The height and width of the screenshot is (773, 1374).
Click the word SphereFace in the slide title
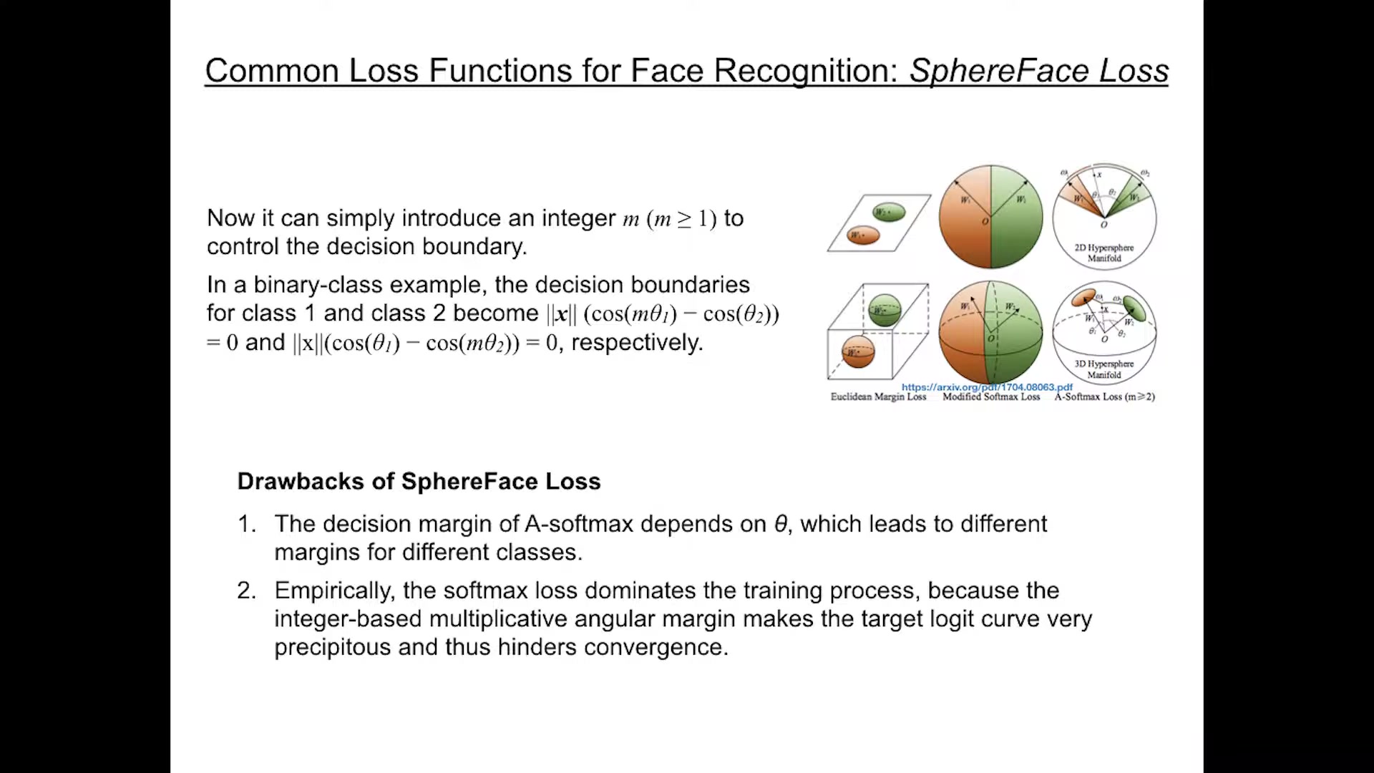[x=999, y=71]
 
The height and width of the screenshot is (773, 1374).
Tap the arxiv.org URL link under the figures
[x=987, y=387]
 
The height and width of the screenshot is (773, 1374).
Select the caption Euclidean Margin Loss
[x=878, y=397]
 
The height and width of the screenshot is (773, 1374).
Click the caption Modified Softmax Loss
[x=991, y=397]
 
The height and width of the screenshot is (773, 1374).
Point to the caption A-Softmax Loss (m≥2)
[x=1104, y=397]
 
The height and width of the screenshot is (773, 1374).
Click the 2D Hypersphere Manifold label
[x=1104, y=253]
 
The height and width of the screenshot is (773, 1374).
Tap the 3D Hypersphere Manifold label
[x=1104, y=369]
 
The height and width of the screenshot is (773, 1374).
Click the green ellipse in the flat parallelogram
[x=889, y=212]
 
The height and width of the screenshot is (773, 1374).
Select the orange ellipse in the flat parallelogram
[x=863, y=235]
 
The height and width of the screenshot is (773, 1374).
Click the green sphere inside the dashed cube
[x=885, y=310]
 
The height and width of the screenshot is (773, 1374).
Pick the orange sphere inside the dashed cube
[x=857, y=351]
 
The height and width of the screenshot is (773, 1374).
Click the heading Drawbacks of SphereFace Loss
[x=419, y=482]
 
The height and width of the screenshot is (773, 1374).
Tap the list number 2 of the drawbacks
[x=245, y=590]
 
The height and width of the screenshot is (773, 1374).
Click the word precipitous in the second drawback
[x=333, y=647]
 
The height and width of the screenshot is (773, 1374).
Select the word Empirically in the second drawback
[x=333, y=590]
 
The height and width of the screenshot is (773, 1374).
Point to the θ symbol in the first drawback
[x=781, y=524]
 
